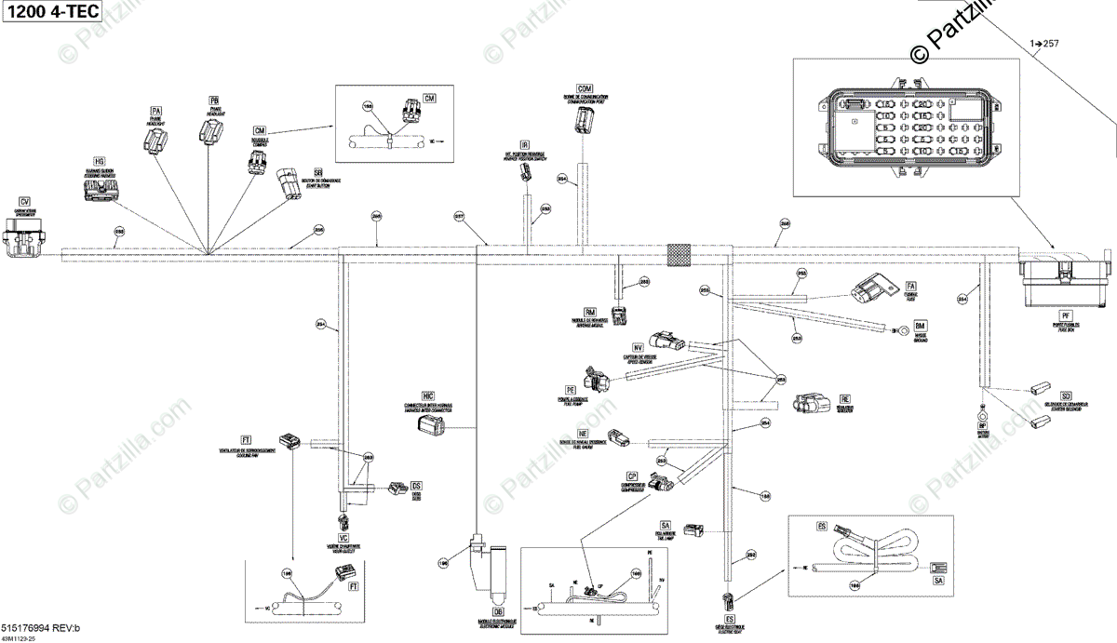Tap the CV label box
25,201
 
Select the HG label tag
100,162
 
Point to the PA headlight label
155,113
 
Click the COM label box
585,87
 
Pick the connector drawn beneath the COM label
585,120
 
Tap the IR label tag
525,145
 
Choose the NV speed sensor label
639,346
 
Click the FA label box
911,285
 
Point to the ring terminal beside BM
902,328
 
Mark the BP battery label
982,425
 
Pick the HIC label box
428,395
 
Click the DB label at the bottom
498,611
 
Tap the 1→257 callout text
1045,43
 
